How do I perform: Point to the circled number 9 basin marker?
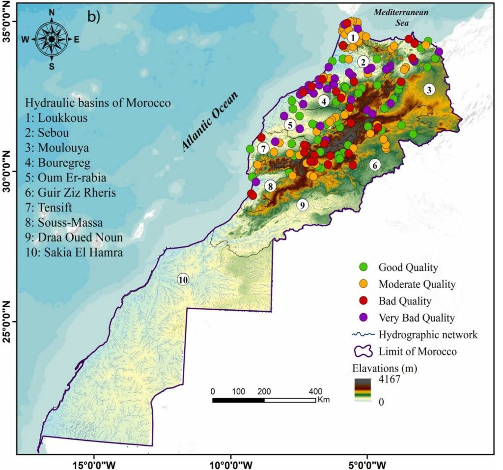pyautogui.click(x=303, y=205)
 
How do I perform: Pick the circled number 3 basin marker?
pyautogui.click(x=429, y=89)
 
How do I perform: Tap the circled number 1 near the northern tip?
pyautogui.click(x=352, y=37)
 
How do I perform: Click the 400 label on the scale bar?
pyautogui.click(x=314, y=391)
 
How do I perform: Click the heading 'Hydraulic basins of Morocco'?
pyautogui.click(x=98, y=104)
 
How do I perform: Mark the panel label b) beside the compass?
pyautogui.click(x=93, y=17)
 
